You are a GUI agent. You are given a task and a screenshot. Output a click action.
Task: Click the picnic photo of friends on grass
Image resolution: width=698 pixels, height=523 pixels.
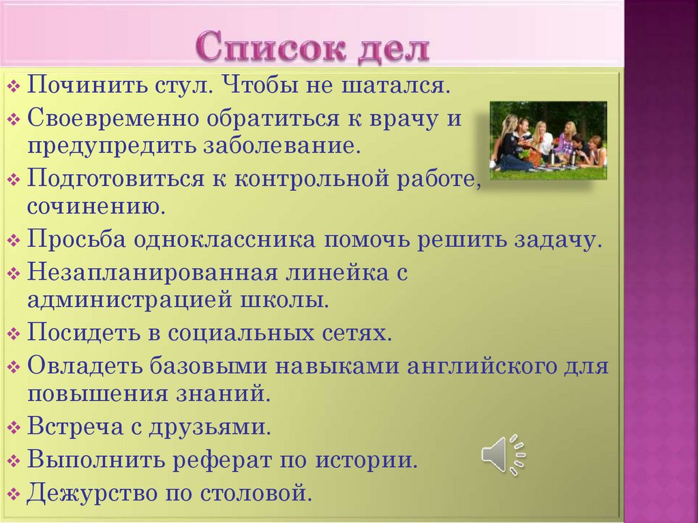click(548, 140)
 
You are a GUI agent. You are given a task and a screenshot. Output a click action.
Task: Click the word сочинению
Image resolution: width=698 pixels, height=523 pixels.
click(96, 206)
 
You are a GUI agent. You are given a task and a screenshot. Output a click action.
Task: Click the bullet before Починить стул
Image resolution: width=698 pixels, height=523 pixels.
click(15, 88)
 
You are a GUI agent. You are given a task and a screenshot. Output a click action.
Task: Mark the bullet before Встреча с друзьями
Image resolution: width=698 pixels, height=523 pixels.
click(15, 428)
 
